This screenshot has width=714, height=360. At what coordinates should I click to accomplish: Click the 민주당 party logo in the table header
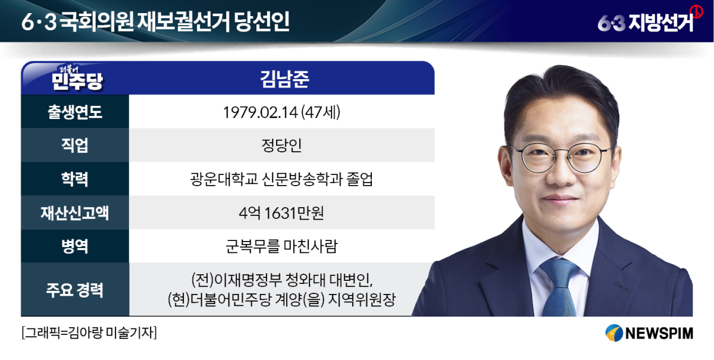coord(77,78)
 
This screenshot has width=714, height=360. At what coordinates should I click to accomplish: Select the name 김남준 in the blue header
coord(284,79)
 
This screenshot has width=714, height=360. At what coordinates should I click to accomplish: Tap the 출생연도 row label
coord(75,112)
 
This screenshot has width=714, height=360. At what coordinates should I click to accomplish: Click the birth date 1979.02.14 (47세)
coord(282,112)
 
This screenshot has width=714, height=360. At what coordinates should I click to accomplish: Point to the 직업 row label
coord(75,145)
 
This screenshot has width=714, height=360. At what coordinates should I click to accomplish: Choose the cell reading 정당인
coord(281,145)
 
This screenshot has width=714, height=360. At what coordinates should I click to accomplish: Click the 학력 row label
coord(75,179)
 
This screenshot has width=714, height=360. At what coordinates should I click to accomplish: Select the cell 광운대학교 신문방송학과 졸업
coord(281,179)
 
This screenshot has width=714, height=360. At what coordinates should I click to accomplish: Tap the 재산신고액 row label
coord(75,212)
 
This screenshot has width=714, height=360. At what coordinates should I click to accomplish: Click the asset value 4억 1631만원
coord(281,212)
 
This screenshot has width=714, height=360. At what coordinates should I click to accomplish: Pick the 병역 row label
coord(75,246)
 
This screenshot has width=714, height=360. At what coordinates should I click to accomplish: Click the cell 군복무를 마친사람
coord(281,246)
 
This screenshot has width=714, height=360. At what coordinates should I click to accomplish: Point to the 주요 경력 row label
coord(75,290)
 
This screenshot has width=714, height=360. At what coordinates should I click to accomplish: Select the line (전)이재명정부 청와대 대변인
coord(282,280)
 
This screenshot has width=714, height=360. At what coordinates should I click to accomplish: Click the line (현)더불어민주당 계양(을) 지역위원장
coord(282,299)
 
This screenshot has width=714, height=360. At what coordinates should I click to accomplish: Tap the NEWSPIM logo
coord(649,333)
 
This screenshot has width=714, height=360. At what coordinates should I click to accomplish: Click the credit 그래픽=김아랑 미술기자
coord(89,333)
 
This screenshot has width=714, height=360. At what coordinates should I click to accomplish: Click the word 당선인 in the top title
coord(262,21)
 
